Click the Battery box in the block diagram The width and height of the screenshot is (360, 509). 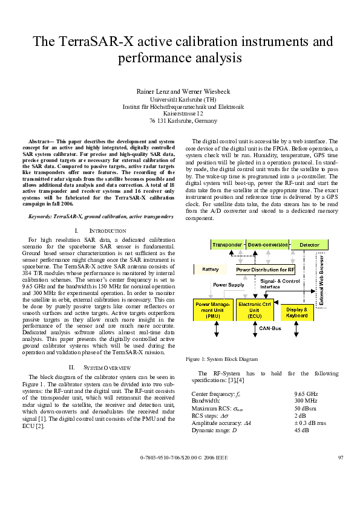click(211, 269)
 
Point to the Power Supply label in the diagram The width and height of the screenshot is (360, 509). click(211, 284)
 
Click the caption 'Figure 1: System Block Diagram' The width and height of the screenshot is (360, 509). click(221, 359)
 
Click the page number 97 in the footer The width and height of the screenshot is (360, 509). click(340, 473)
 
